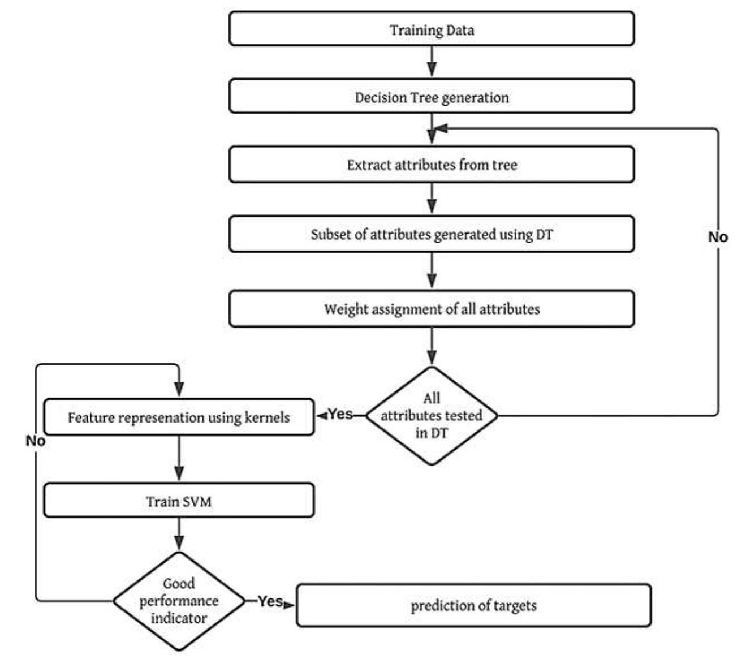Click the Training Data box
point(431,29)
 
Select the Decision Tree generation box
point(431,97)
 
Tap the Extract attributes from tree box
point(431,165)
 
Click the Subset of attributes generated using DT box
point(431,234)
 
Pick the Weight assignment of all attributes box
point(431,309)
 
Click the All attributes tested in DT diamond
point(432,416)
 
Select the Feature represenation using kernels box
point(179,417)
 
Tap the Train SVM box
point(179,501)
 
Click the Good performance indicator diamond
point(179,601)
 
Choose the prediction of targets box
point(473,605)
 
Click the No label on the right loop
point(718,237)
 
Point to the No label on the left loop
point(35,440)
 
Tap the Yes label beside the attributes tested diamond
point(340,414)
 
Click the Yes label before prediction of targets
point(270,601)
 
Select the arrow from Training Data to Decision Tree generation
point(432,61)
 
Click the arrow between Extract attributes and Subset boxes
point(432,198)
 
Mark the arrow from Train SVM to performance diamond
point(179,533)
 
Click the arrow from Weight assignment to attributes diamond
point(432,346)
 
